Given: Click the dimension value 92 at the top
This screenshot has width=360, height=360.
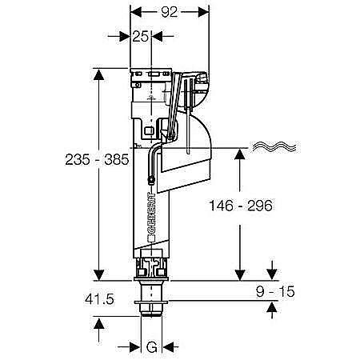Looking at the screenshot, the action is (170, 12).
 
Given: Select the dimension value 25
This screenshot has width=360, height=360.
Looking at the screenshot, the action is (140, 36).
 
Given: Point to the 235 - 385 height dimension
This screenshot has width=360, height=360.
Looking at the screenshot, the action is (97, 160).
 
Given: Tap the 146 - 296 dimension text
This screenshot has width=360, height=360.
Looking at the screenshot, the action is (241, 206).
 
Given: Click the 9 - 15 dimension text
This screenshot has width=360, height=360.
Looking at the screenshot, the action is (275, 291).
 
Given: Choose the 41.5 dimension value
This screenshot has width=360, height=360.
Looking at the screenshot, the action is (99, 299).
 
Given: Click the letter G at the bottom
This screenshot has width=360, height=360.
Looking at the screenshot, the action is (152, 347).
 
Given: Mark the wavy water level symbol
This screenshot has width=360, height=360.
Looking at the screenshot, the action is (274, 146).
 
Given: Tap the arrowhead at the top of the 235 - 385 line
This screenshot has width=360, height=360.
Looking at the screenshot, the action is (99, 74).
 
